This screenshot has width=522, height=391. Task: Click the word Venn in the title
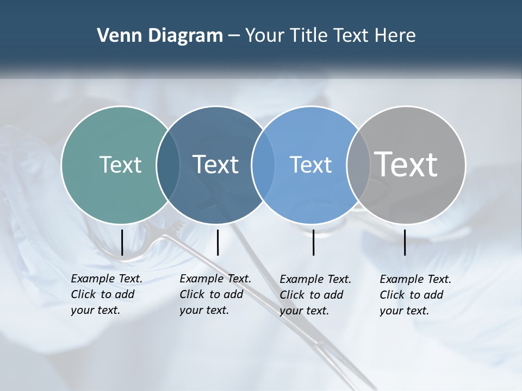click(116, 36)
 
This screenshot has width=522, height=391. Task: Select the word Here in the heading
click(395, 36)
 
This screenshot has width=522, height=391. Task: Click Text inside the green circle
click(120, 165)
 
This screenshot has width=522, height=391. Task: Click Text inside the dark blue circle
click(216, 165)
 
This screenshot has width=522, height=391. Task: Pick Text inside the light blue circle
click(310, 165)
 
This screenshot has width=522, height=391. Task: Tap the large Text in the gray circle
click(406, 165)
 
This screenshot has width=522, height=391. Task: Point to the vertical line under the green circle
click(122, 242)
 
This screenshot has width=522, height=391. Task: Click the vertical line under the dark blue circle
click(217, 242)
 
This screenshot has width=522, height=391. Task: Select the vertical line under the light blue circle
click(313, 242)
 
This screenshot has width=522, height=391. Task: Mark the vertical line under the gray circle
click(405, 242)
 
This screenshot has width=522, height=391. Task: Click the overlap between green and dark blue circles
click(168, 165)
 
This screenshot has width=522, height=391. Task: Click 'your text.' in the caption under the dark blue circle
click(204, 310)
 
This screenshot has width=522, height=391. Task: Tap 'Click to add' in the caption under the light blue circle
click(312, 294)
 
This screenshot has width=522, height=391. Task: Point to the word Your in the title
click(265, 36)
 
